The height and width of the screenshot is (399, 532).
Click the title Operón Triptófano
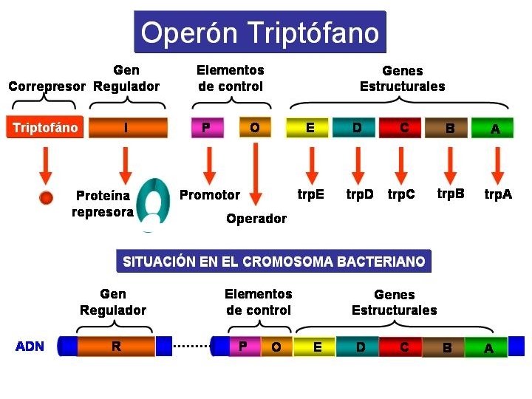(259, 33)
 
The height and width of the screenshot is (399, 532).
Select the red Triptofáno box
(45, 128)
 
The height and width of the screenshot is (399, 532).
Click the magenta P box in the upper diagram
(206, 128)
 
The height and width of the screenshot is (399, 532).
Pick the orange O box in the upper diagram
(254, 128)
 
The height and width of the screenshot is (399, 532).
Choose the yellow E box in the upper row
(310, 128)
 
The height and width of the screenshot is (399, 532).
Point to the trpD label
(360, 195)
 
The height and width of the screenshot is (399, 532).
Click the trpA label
(497, 195)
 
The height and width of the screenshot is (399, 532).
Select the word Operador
(256, 219)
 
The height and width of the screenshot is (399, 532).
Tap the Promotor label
(210, 195)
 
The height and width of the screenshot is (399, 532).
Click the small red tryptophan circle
(46, 197)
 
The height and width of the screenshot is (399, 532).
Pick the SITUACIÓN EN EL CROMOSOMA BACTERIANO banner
(273, 262)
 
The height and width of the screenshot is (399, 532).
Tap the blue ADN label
(30, 346)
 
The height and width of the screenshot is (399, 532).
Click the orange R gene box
(116, 346)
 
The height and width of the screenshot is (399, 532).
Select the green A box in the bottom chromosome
(488, 347)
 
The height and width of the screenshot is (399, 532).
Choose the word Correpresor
(47, 86)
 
